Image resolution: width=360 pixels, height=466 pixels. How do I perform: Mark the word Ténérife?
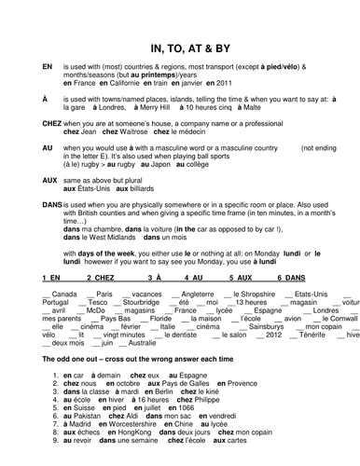[x=311, y=336]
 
